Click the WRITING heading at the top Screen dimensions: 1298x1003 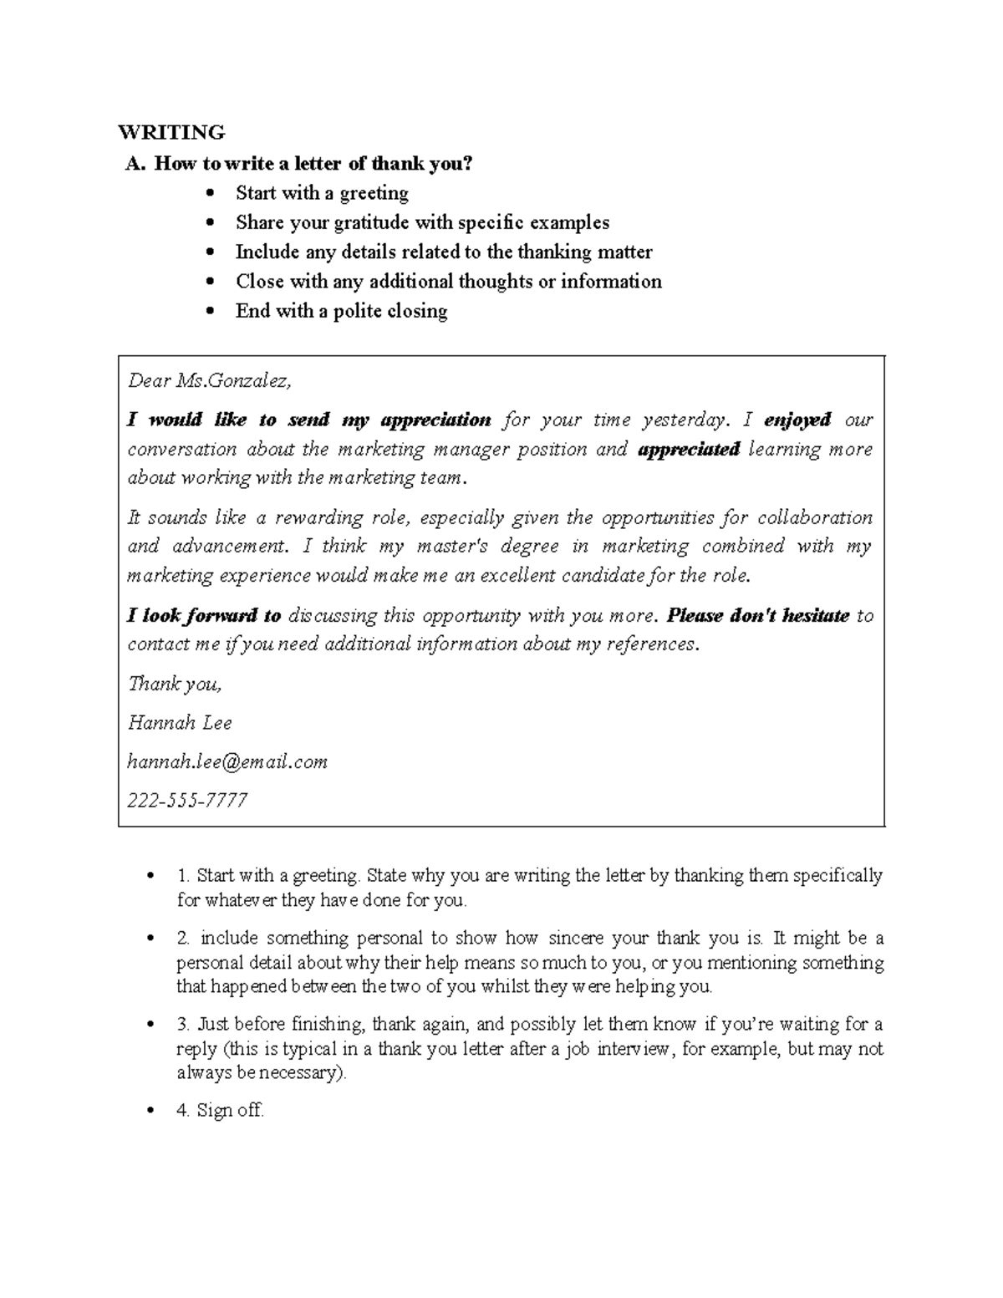(x=171, y=132)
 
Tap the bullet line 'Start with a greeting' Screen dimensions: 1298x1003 (x=322, y=193)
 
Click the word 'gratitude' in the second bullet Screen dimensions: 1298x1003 (x=371, y=222)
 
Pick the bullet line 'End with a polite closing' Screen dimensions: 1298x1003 (x=341, y=311)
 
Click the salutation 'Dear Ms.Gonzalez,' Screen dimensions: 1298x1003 (x=209, y=381)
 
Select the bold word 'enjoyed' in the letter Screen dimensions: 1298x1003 (x=797, y=420)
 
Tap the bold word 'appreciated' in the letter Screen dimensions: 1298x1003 (x=689, y=449)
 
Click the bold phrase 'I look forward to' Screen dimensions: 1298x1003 (x=204, y=616)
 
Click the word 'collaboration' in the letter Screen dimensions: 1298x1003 (x=814, y=517)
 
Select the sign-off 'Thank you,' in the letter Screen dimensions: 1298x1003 (x=175, y=684)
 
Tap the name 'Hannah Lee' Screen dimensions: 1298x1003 (x=180, y=723)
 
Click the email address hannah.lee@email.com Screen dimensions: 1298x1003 (x=227, y=761)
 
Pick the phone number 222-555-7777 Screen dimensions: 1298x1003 (x=187, y=801)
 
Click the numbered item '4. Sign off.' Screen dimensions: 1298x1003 (x=221, y=1110)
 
